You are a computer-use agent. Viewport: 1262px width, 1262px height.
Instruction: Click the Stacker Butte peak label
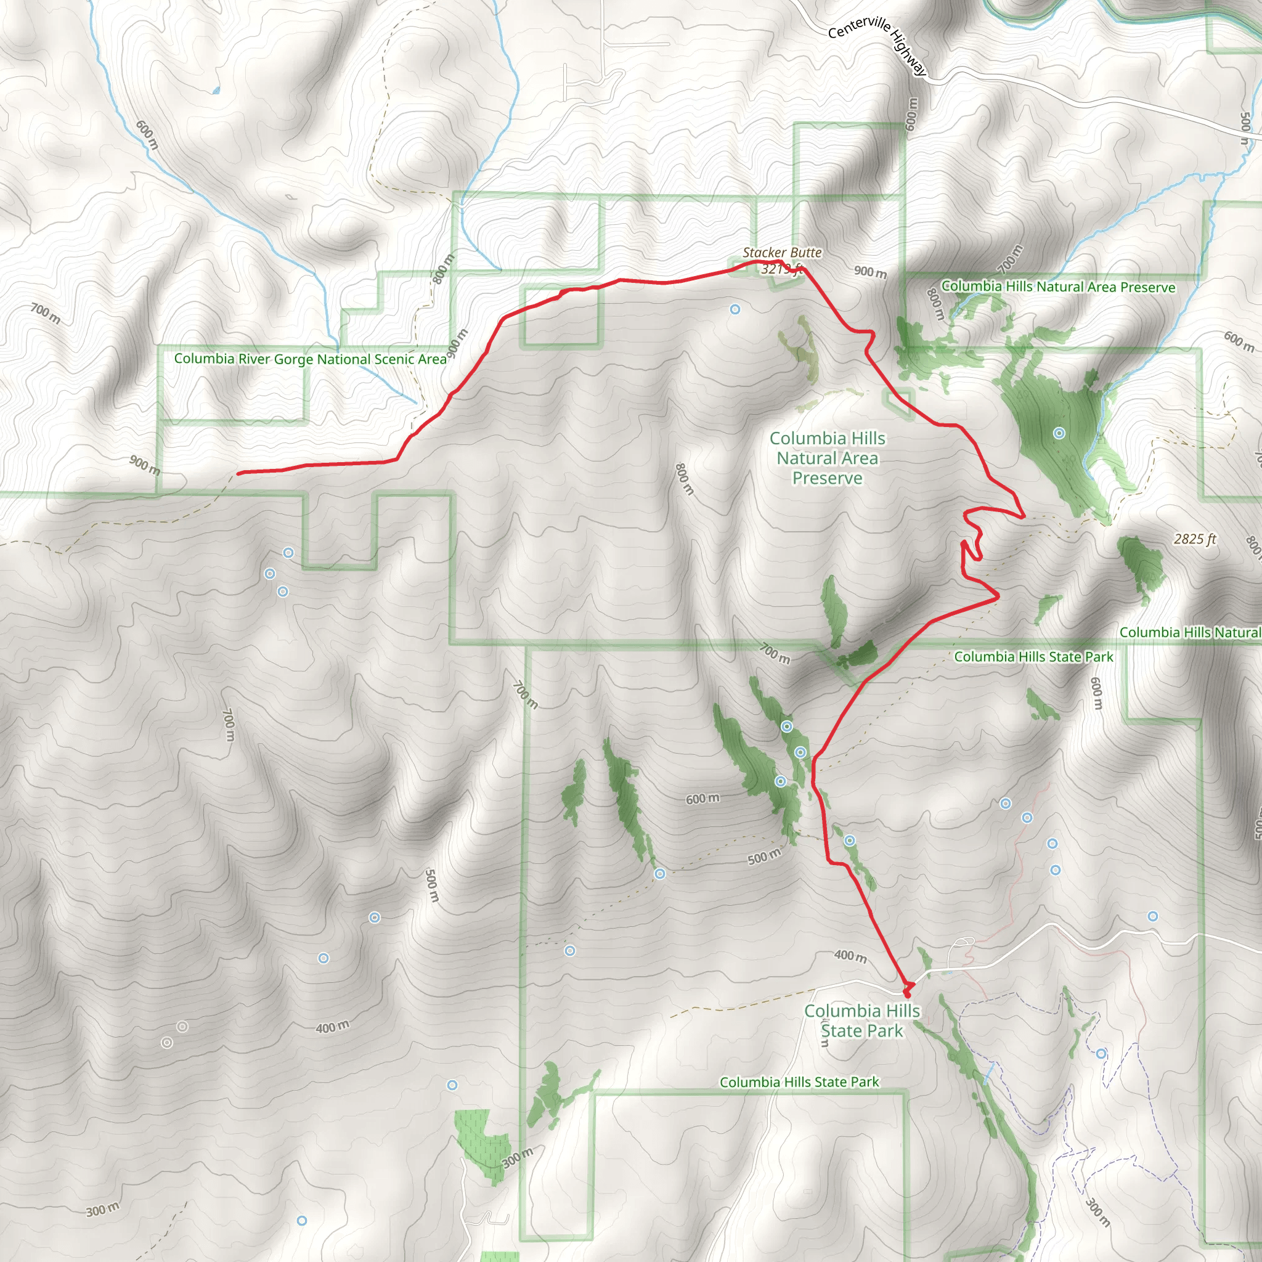click(782, 252)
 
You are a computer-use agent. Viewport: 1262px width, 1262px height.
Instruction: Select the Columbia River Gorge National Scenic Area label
click(311, 359)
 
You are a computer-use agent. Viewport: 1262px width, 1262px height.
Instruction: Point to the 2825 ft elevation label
click(1195, 539)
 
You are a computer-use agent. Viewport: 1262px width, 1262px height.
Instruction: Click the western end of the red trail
click(238, 473)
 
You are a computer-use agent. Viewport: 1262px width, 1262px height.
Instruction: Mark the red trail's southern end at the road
click(906, 993)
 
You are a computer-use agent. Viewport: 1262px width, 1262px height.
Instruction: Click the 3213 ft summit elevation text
click(781, 269)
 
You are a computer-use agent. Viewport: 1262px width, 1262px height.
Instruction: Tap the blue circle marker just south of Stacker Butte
click(735, 309)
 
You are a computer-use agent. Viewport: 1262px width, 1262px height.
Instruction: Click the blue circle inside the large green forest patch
click(1059, 433)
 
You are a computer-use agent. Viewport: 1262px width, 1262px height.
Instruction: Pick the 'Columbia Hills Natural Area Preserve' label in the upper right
click(1058, 287)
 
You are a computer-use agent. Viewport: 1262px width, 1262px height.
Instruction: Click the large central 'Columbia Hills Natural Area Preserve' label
click(827, 458)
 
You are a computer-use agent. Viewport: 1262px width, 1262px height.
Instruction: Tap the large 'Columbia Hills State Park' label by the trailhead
click(861, 1020)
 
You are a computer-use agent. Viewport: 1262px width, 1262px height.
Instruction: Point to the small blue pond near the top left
click(216, 90)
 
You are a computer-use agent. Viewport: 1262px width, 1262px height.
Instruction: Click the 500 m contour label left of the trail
click(763, 857)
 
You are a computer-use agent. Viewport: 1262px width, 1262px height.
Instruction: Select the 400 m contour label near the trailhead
click(850, 956)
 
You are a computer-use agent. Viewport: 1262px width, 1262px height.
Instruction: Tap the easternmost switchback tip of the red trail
click(1024, 516)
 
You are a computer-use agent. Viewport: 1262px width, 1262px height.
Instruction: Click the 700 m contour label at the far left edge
click(46, 314)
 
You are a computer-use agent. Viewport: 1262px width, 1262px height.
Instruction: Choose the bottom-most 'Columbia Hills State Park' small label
click(799, 1082)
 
